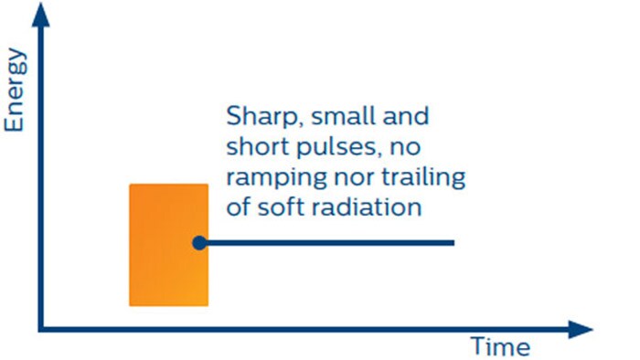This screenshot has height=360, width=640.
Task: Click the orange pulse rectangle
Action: click(x=168, y=245)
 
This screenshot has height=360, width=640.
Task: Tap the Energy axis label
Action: click(x=16, y=90)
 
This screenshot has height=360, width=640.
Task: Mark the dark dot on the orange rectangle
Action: click(x=198, y=243)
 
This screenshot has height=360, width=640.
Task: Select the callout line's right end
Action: click(x=453, y=243)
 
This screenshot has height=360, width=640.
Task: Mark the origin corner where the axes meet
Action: click(x=41, y=327)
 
